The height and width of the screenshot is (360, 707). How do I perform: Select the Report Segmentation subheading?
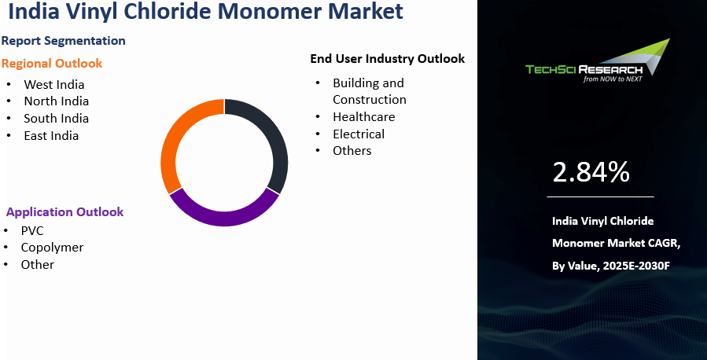(63, 40)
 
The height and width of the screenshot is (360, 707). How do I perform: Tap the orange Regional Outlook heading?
(52, 63)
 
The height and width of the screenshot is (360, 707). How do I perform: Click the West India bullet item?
(53, 84)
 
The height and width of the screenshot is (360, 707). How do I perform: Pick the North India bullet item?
(56, 101)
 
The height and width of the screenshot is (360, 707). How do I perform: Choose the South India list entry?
(56, 118)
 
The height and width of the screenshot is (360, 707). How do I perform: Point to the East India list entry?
(51, 135)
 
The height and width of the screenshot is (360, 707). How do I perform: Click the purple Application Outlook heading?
(64, 212)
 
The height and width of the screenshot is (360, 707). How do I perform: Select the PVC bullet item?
(32, 230)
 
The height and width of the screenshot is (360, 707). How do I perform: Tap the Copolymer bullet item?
(52, 247)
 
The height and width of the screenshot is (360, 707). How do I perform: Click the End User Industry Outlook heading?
(387, 58)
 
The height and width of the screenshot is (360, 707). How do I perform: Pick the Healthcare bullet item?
(363, 116)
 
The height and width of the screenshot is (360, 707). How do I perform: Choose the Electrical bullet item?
(359, 134)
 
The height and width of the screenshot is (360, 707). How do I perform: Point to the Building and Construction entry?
(369, 91)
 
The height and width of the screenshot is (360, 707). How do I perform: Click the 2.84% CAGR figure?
(591, 171)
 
